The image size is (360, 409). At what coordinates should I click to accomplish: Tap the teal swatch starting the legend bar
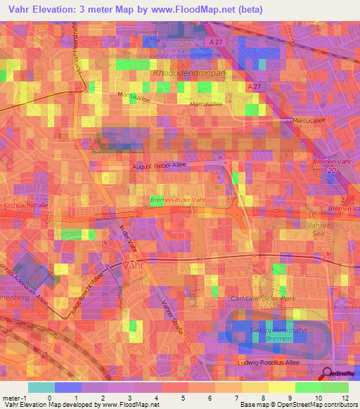[41, 387]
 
